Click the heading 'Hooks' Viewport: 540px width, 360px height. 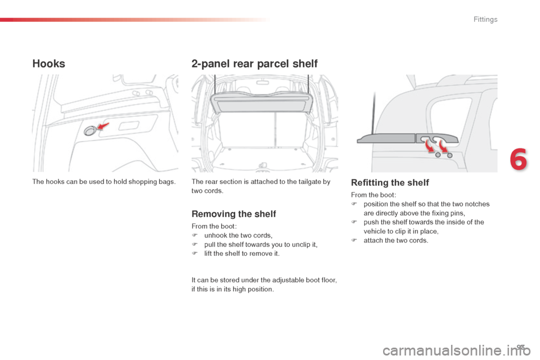pos(49,64)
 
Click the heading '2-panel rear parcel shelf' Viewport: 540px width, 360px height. pos(254,64)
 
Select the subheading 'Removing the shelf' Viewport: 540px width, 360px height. pos(233,214)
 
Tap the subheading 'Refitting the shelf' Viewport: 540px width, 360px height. pos(390,182)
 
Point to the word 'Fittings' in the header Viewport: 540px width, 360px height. pos(485,20)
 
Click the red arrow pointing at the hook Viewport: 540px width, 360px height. pos(103,126)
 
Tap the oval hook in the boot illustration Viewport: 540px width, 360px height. pos(90,131)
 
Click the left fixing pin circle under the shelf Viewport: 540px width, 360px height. pos(438,155)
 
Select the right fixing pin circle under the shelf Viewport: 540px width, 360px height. pos(450,155)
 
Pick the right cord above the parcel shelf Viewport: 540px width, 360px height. pos(309,84)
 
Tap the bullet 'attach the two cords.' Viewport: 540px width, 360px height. pos(396,240)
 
